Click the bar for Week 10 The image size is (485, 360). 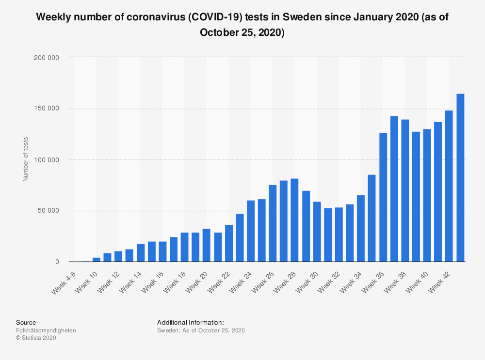pos(97,260)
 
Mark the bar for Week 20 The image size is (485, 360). pos(207,245)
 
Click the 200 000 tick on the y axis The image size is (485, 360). pos(47,57)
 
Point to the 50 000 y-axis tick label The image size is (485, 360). pos(48,211)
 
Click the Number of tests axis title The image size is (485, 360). pos(26,159)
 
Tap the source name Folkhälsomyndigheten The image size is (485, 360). pos(46,330)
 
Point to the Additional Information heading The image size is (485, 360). pos(191,322)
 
